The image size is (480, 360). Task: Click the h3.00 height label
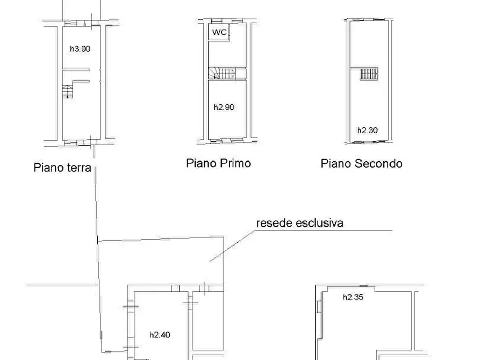click(80, 48)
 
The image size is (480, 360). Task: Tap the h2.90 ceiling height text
click(224, 107)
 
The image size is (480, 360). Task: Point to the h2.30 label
click(367, 130)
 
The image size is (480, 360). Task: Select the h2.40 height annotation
click(160, 334)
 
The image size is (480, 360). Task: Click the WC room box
click(219, 33)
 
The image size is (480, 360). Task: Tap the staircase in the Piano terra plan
click(68, 92)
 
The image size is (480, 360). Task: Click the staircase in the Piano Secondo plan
click(369, 74)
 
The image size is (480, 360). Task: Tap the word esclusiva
click(320, 222)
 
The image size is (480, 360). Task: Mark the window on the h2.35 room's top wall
click(363, 286)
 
